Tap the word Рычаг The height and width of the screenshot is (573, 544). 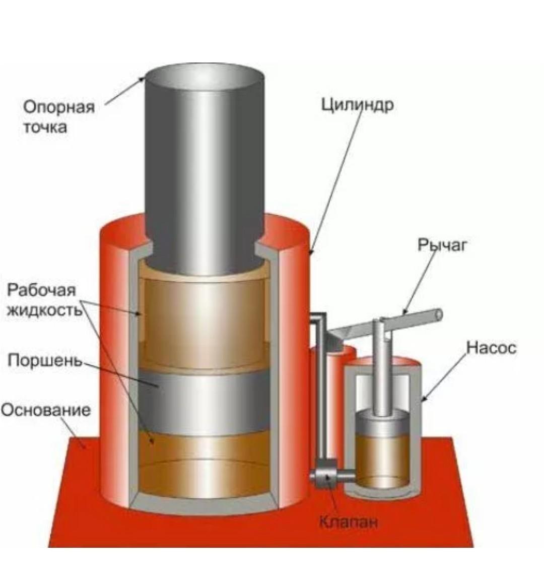tap(442, 245)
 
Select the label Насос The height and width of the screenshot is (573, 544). tap(492, 348)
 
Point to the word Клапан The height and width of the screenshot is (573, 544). tap(348, 522)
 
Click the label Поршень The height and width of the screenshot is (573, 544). tap(45, 361)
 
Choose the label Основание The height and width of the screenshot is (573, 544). tap(46, 410)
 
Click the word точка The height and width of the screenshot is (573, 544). tap(45, 128)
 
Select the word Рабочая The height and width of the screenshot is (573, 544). tap(42, 290)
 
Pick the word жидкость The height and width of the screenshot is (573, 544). tap(44, 310)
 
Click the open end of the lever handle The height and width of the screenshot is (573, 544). tap(438, 315)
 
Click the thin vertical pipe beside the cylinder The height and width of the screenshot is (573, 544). tap(322, 388)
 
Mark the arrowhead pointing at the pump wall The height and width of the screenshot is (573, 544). tap(424, 398)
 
